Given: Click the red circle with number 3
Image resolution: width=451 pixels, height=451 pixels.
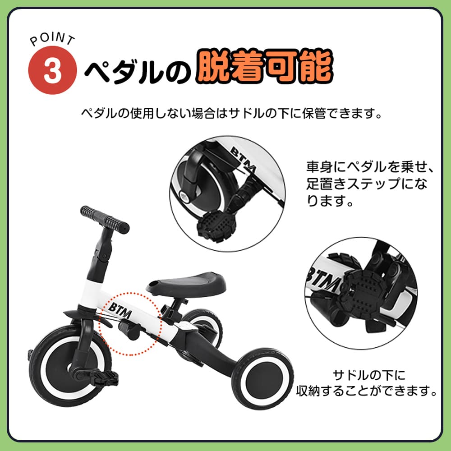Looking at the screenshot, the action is [52, 70].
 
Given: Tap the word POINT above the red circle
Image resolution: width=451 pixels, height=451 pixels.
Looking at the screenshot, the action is [52, 39].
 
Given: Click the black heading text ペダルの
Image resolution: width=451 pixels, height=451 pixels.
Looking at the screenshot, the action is [138, 71].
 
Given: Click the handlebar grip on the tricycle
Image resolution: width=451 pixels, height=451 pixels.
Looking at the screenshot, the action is [105, 220].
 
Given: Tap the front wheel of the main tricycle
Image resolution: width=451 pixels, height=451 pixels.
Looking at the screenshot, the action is [70, 366].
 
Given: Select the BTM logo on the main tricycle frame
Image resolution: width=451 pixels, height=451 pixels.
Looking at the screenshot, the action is [120, 310].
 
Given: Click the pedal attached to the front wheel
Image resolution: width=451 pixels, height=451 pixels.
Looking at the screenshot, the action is [104, 377].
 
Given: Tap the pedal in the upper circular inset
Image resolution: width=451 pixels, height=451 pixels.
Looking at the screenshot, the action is [216, 226].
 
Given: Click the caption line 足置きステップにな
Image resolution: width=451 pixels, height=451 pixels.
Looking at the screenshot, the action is [366, 184].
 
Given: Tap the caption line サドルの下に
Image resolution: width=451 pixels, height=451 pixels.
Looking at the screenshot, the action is [369, 375].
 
